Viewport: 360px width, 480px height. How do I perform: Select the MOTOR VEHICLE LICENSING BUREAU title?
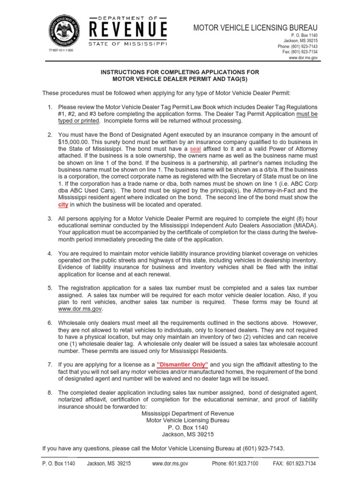coord(255,28)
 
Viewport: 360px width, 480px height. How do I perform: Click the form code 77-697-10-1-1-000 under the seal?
coord(61,51)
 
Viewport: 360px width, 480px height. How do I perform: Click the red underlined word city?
coord(62,204)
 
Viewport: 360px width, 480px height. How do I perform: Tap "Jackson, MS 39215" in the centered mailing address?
coord(180,435)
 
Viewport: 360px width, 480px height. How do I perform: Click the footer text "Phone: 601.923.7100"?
coord(234,464)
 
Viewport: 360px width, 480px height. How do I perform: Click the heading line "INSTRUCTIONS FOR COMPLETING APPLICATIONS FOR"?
coord(180,72)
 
